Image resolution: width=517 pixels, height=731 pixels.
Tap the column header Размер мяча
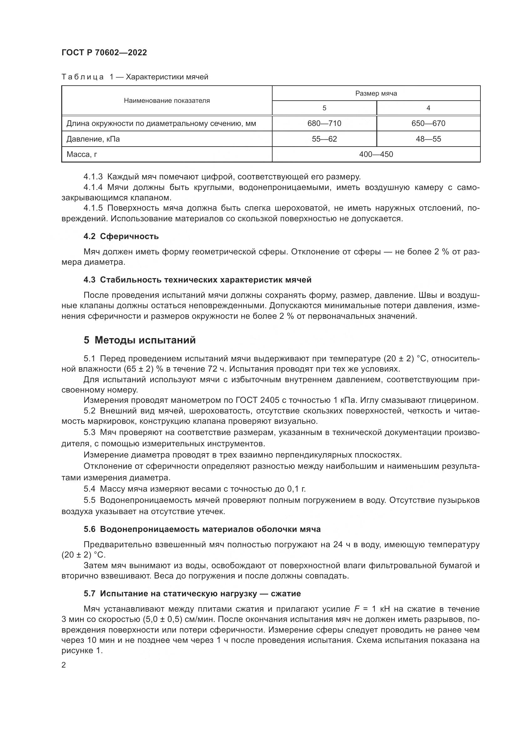point(376,93)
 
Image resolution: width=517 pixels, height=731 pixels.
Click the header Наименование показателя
point(167,101)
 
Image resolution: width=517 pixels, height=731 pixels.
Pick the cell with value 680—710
point(324,123)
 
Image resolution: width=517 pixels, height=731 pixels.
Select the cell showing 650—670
point(428,123)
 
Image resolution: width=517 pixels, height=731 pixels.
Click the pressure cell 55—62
point(324,139)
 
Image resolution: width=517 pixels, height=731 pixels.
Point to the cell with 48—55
point(428,139)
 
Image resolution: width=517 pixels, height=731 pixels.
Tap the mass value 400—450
point(376,154)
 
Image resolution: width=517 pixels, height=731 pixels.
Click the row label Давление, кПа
point(93,139)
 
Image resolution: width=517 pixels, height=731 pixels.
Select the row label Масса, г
point(82,154)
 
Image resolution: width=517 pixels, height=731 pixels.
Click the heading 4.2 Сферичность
point(121,236)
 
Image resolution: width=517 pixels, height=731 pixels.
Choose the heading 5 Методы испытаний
point(139,340)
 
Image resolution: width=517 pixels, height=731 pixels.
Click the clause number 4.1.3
point(93,176)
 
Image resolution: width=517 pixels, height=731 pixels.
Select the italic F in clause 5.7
point(357,609)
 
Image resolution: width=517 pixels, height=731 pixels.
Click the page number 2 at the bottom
point(64,665)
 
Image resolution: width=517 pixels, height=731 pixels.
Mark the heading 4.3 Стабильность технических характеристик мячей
point(197,280)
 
